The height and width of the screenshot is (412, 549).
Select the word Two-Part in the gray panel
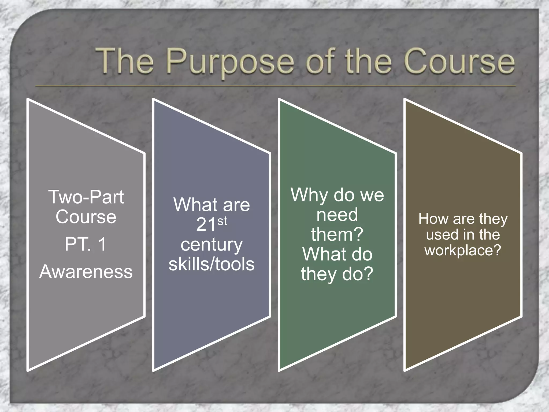[86, 197]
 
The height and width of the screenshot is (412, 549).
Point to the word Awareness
[86, 272]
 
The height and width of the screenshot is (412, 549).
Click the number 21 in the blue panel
[206, 225]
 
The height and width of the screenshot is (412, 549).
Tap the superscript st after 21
[222, 221]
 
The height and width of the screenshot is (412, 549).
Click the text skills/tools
[212, 264]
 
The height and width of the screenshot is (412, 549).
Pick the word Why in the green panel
[310, 195]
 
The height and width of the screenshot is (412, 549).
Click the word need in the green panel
[337, 215]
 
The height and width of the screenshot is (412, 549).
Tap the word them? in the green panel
[337, 234]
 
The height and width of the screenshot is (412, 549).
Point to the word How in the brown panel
[433, 219]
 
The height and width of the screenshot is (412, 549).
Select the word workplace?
[463, 251]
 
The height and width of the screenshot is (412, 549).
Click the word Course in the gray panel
[86, 217]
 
